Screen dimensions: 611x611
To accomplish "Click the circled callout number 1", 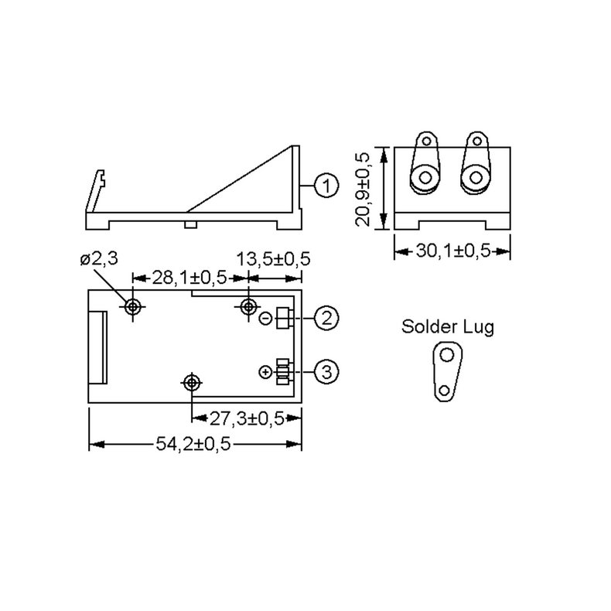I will (326, 186).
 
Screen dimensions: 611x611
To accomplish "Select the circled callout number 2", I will (326, 316).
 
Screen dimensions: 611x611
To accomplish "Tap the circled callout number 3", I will (326, 372).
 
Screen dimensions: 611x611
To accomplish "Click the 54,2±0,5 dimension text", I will (195, 444).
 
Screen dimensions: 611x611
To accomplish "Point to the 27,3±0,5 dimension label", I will (245, 418).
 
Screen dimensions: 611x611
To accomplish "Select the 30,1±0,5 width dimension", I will (452, 251).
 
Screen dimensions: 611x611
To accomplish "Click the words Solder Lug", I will (447, 326).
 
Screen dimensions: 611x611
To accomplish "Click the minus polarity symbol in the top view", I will (265, 317).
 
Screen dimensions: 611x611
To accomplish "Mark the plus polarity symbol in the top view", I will (265, 373).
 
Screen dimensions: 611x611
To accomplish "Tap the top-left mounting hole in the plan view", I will (134, 307).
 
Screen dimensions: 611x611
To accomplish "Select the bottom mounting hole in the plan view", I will (190, 381).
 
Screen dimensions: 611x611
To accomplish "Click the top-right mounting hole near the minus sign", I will (248, 307).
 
